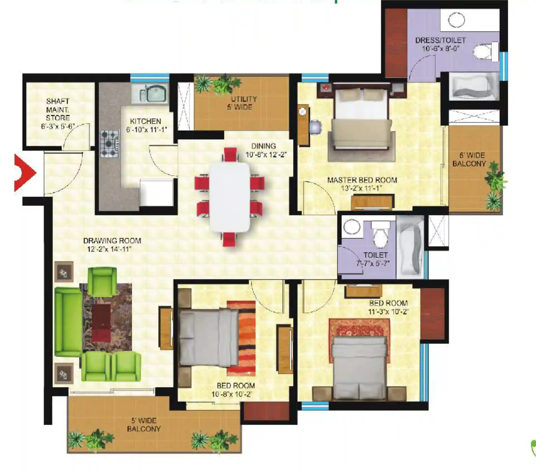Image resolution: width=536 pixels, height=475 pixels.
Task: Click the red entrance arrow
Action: coord(25,173)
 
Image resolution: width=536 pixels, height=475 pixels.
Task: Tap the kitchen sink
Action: coord(150,93)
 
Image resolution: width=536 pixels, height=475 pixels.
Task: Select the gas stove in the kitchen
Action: coord(110,144)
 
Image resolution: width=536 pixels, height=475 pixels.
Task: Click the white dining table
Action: coord(230,197)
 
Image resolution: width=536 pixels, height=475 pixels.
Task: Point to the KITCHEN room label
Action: coord(146,122)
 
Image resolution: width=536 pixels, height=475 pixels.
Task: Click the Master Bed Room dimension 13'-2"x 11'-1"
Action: coord(361,188)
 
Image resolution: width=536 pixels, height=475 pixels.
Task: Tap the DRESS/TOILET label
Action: coord(440,40)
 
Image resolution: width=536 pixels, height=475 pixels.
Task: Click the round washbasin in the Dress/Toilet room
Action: coord(456,20)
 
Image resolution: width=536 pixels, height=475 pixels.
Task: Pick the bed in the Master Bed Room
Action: coord(361,118)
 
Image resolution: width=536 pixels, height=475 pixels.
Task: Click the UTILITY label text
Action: coord(244,99)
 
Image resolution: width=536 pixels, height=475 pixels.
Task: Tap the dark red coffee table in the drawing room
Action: coord(101,323)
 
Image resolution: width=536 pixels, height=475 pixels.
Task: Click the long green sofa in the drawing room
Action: coord(68,322)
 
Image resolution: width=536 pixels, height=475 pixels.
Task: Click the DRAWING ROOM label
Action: coord(112,241)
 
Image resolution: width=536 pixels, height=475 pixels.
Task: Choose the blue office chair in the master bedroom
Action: coord(315,127)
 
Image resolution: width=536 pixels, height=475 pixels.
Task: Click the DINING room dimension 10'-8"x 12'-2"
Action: coord(266,155)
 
